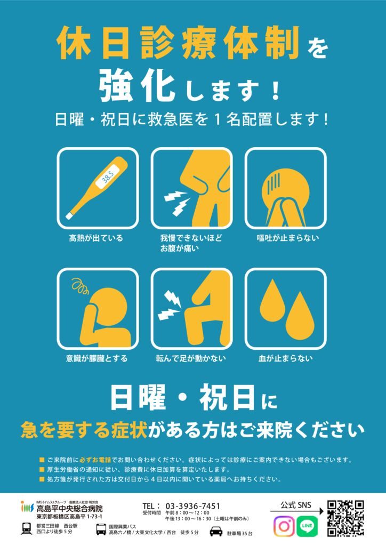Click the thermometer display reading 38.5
tap(108, 177)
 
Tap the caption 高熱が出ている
tap(96, 238)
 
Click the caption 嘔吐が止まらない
tap(288, 238)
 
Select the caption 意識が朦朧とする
tap(96, 358)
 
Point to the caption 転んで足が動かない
tap(191, 358)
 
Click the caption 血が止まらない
tap(285, 358)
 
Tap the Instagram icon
tap(284, 526)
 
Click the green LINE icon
tap(307, 526)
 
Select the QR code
tap(345, 518)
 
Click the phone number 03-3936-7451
tap(192, 506)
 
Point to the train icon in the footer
tap(27, 528)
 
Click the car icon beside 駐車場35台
tap(216, 532)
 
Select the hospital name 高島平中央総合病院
tap(70, 509)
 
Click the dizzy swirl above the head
tap(81, 286)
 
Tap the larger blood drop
tap(300, 316)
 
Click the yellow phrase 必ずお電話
tap(95, 460)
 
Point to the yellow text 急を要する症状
tap(84, 431)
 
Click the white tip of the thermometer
tap(69, 216)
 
